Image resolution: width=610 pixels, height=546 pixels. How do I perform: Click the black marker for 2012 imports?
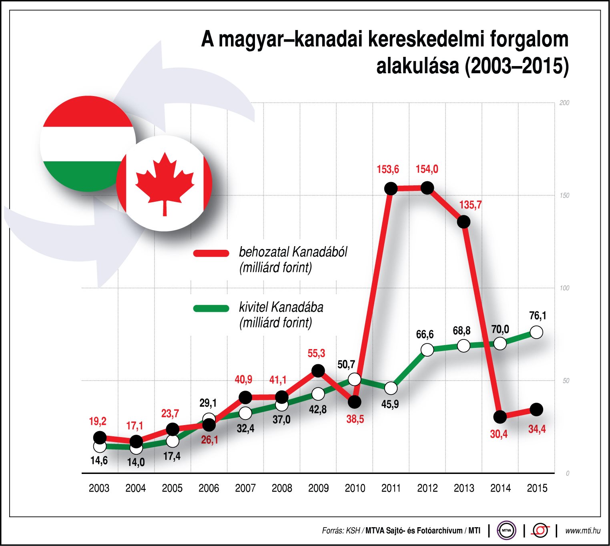[x=427, y=188]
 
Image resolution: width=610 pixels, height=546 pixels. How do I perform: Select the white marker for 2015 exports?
[x=536, y=332]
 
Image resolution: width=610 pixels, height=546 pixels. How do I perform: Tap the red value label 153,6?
[x=387, y=169]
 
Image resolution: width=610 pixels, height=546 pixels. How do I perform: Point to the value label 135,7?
[x=470, y=205]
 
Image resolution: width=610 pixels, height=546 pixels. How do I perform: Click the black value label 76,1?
[x=537, y=316]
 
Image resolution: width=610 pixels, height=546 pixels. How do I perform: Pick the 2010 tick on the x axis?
[x=355, y=488]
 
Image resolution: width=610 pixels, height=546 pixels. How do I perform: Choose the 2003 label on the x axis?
[x=99, y=488]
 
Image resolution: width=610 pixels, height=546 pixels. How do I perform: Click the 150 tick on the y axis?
[x=564, y=195]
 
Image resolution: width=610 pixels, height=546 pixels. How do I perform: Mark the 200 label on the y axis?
[x=564, y=103]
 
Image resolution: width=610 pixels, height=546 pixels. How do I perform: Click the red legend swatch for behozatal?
[x=211, y=253]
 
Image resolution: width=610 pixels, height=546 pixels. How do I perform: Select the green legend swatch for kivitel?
[x=211, y=308]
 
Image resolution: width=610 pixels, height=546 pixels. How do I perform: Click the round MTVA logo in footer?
[x=506, y=531]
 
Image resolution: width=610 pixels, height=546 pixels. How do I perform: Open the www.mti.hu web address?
[x=582, y=531]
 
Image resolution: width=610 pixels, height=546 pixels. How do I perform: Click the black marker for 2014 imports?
[x=500, y=417]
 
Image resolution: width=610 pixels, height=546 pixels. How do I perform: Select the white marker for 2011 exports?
[x=391, y=388]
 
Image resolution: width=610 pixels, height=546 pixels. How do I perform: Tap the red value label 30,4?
[x=499, y=434]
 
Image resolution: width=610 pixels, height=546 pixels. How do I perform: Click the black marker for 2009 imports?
[x=318, y=371]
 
